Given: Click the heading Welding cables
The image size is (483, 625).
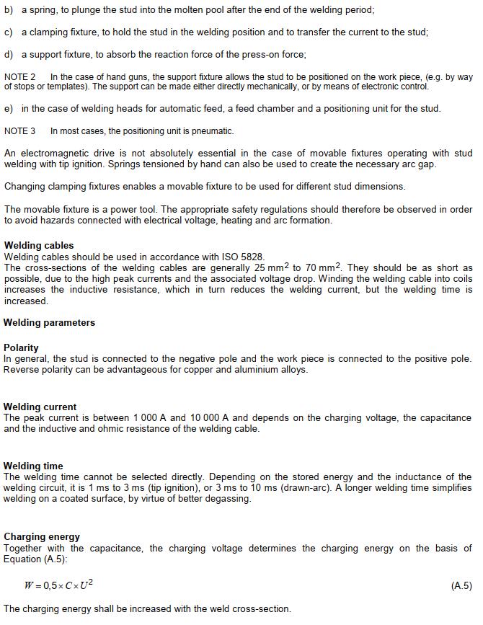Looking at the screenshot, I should (x=39, y=245).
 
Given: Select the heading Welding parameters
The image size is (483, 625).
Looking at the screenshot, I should (x=49, y=322).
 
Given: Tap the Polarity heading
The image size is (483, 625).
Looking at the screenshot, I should (x=22, y=347).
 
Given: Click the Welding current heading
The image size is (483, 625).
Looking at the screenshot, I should (x=40, y=407).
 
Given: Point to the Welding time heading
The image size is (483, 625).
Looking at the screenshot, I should (x=33, y=466).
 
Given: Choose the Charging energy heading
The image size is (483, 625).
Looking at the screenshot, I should (x=42, y=536).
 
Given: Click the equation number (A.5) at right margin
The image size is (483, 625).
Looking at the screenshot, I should (x=461, y=586).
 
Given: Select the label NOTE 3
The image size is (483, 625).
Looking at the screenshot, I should (x=20, y=131).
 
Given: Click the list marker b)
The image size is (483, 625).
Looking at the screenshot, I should (x=9, y=11).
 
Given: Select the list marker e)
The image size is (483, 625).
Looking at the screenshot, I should (x=9, y=109).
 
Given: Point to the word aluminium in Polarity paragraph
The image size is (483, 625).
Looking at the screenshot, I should (x=247, y=370).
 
